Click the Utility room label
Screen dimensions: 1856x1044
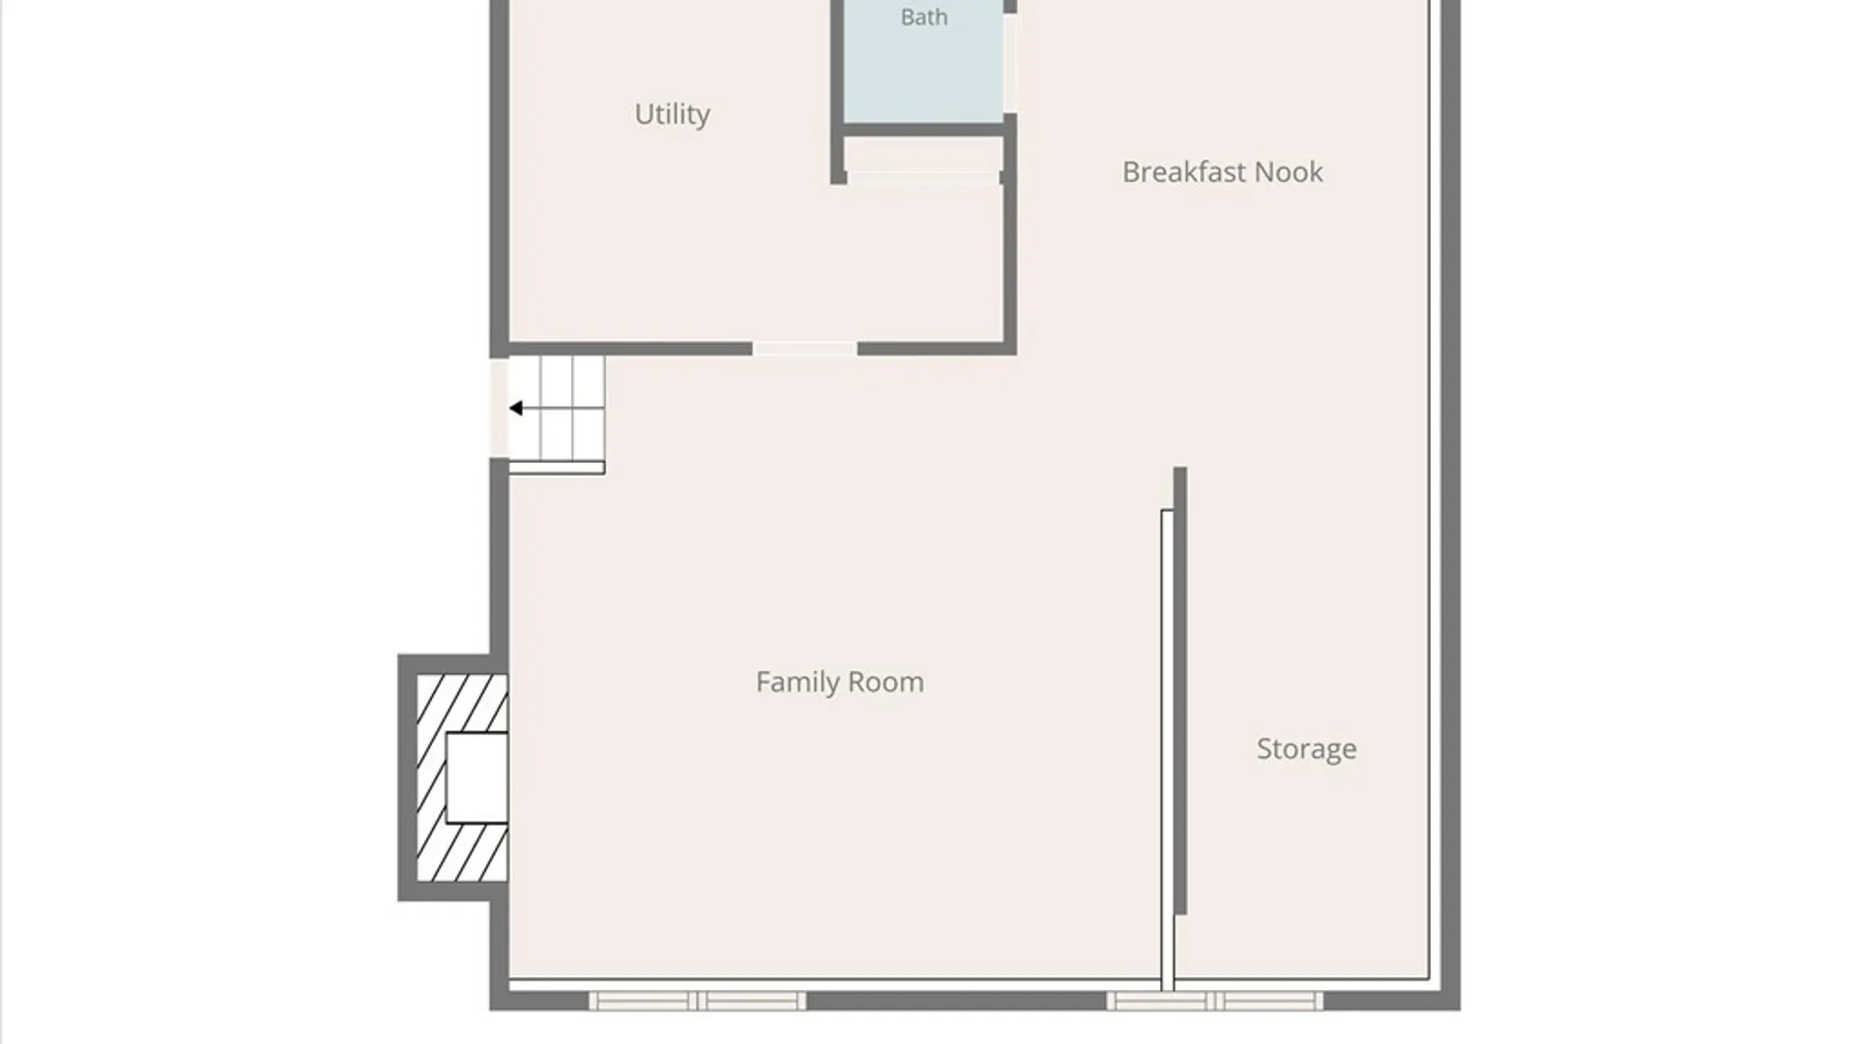pyautogui.click(x=672, y=114)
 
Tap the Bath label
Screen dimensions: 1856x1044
pyautogui.click(x=924, y=17)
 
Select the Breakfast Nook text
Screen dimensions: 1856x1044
pyautogui.click(x=1222, y=172)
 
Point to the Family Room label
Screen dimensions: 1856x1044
pyautogui.click(x=839, y=682)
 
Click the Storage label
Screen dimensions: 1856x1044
pyautogui.click(x=1306, y=749)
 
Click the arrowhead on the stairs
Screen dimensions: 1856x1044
pyautogui.click(x=516, y=409)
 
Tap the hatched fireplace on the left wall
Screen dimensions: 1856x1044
pyautogui.click(x=462, y=778)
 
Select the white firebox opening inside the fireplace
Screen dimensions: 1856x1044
pyautogui.click(x=477, y=778)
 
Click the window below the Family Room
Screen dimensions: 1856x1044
pyautogui.click(x=697, y=1000)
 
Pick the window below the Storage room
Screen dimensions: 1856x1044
pyautogui.click(x=1215, y=1000)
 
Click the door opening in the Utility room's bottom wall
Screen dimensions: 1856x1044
pyautogui.click(x=804, y=349)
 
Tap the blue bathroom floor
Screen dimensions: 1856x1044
pyautogui.click(x=924, y=61)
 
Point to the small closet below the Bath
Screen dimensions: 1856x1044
pyautogui.click(x=923, y=154)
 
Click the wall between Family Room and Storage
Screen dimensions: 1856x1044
pyautogui.click(x=1180, y=690)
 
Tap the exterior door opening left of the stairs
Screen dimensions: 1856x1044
pyautogui.click(x=499, y=407)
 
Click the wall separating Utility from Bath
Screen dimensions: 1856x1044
pyautogui.click(x=837, y=92)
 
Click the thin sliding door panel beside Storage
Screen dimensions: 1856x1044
pyautogui.click(x=1168, y=750)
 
